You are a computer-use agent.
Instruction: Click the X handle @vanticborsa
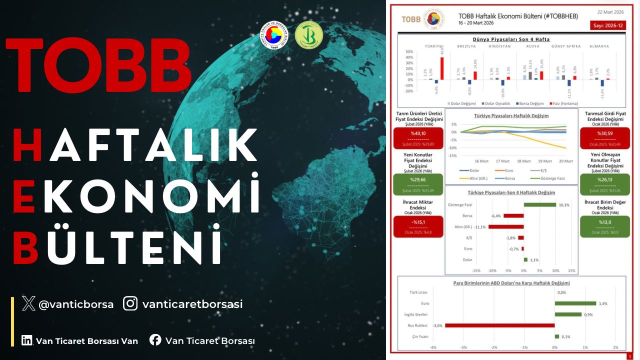pos(76,304)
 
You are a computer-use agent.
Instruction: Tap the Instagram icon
pos(130,303)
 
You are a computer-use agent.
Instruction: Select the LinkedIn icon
pos(27,340)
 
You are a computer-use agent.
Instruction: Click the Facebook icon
pos(155,340)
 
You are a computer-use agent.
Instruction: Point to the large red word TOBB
pos(98,65)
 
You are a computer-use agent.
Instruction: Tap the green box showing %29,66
pos(418,184)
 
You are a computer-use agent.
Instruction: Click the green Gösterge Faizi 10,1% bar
pos(539,204)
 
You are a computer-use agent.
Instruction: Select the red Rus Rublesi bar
pos(499,325)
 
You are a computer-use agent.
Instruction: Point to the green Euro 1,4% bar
pos(575,303)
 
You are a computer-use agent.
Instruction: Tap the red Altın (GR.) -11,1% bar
pos(506,226)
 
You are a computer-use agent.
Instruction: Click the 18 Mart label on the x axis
pos(523,161)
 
